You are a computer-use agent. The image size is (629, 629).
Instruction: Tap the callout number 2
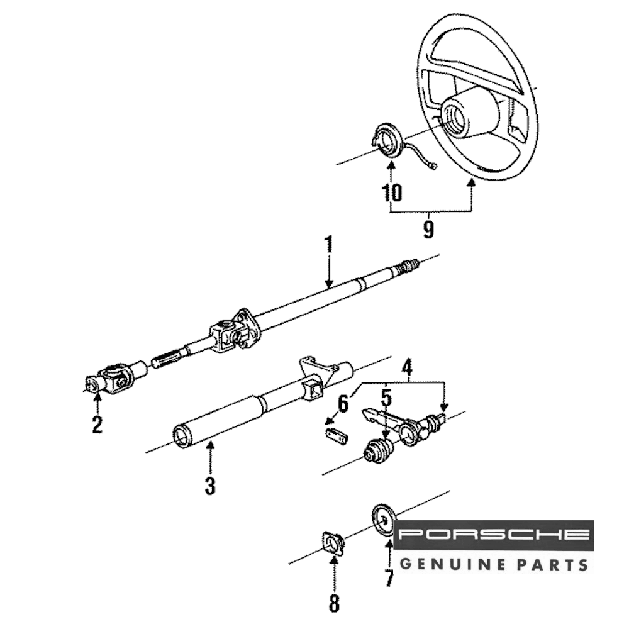tap(97, 425)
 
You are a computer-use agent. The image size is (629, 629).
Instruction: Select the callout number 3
tap(210, 485)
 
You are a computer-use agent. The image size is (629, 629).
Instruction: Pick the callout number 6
tap(343, 403)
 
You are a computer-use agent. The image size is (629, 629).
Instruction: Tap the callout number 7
tap(389, 577)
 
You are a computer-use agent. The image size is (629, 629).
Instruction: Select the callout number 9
tap(428, 230)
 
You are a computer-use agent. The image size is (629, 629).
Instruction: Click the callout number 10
tap(391, 192)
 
